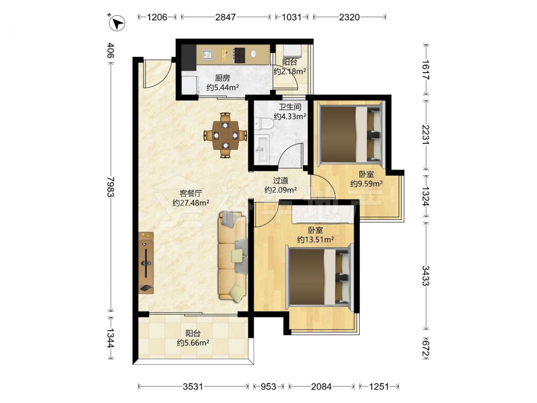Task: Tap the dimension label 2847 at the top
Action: tap(226, 17)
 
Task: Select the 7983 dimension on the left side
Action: tap(110, 187)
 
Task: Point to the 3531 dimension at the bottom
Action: tap(193, 386)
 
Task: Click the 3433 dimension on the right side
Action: tap(425, 275)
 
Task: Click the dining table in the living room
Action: tap(225, 135)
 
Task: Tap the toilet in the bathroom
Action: tap(263, 124)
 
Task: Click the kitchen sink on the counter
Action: tap(207, 55)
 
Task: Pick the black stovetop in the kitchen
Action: tap(240, 55)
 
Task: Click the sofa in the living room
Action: tap(233, 256)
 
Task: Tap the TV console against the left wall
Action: tap(146, 263)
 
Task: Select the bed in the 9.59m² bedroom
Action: tap(352, 134)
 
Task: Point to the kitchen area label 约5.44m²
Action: tap(223, 88)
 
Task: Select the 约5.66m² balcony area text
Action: tap(193, 342)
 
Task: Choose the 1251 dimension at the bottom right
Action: tap(379, 386)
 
